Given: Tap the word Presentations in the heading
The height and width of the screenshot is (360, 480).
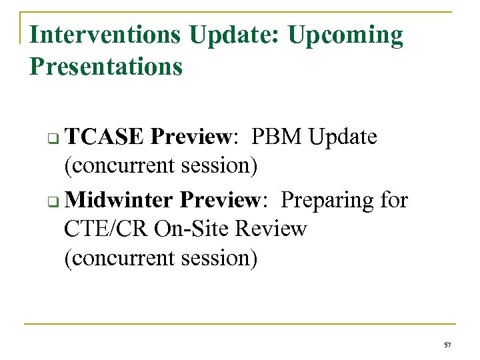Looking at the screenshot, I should (106, 67).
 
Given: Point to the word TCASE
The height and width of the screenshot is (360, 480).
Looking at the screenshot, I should (105, 137).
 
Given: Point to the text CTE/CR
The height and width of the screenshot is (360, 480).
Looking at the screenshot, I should (106, 229).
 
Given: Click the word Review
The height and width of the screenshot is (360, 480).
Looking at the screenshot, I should (271, 229).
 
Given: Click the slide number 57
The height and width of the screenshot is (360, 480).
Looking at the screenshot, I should (447, 344).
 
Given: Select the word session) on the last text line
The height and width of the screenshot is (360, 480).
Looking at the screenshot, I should (219, 257).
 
